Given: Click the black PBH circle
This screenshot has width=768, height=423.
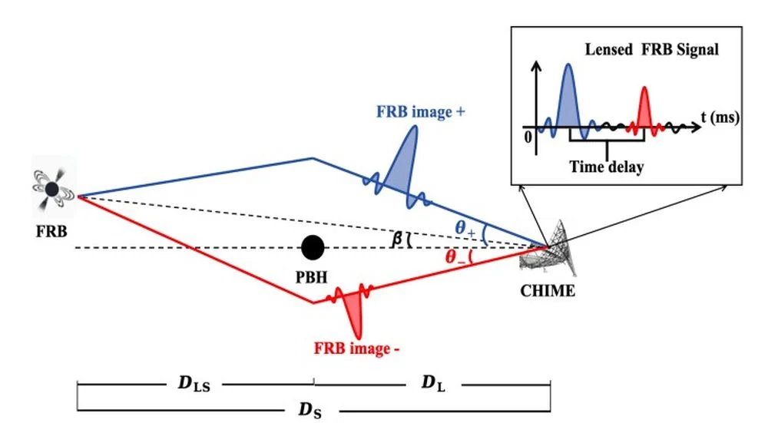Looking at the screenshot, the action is click(x=313, y=247).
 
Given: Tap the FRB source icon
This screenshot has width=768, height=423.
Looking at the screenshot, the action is click(x=52, y=189).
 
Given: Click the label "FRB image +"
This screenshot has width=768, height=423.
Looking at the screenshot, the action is click(x=420, y=111).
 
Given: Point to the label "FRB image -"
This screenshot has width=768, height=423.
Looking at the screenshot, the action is click(x=356, y=348).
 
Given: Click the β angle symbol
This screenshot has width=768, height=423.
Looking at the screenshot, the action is click(x=397, y=239).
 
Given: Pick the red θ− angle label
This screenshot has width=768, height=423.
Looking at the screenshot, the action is click(x=455, y=256).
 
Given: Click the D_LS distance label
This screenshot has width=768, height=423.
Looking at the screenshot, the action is click(x=194, y=383).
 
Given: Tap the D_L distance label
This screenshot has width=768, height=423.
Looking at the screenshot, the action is click(x=433, y=383).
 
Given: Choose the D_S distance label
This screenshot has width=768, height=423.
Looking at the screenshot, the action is click(x=310, y=409).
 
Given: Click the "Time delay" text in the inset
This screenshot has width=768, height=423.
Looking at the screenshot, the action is click(x=607, y=167).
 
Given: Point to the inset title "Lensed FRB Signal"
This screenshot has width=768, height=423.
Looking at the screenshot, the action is click(x=651, y=49).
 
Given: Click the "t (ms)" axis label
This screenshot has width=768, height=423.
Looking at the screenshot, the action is click(x=720, y=117).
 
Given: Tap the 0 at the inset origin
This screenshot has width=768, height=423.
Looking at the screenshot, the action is click(x=528, y=137).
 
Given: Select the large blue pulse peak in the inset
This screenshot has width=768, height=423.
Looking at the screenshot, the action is click(x=568, y=95).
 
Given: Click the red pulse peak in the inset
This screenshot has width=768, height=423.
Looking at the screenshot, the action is click(x=644, y=107).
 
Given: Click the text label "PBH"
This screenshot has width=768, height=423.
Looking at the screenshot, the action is click(x=312, y=278).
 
